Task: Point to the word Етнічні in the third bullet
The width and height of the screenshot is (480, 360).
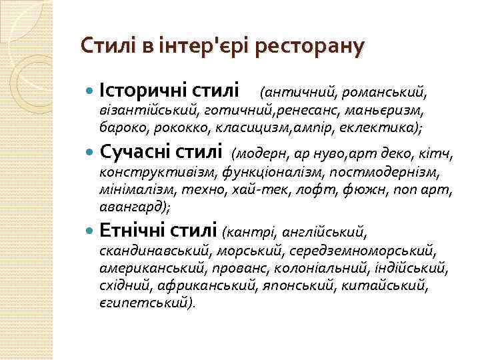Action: [133, 231]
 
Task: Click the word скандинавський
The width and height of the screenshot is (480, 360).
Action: [157, 252]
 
